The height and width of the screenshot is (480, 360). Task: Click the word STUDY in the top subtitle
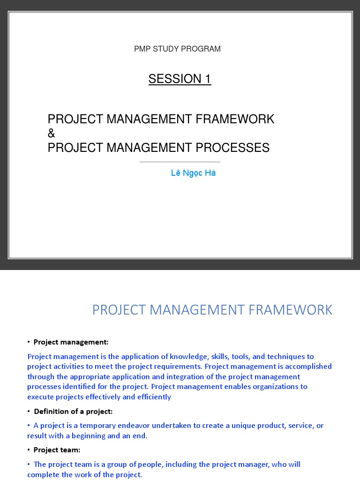pos(167,49)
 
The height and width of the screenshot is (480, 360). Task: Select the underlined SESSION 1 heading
pos(180,79)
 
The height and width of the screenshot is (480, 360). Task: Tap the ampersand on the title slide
pos(52,134)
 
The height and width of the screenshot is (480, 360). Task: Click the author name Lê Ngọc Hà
pos(193,173)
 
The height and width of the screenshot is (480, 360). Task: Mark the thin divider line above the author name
pos(180,162)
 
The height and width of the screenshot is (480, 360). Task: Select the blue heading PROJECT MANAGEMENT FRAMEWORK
pos(212,310)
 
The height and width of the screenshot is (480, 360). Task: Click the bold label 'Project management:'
pos(71,342)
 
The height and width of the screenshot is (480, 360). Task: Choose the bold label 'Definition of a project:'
pos(73,411)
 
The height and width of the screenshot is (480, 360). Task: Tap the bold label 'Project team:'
pos(57,450)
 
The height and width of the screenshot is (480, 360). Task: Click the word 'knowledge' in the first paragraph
pos(189,357)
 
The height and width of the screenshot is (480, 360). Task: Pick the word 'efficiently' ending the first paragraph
pos(152,397)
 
